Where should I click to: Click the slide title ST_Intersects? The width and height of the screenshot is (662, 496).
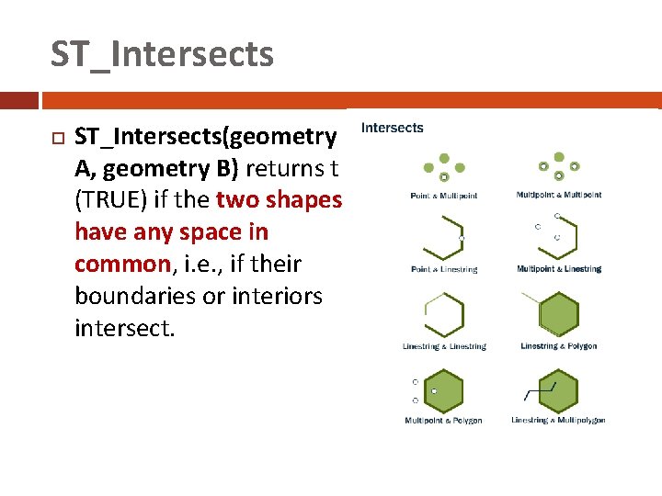(162, 54)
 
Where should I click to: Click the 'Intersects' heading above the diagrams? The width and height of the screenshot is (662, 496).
(393, 128)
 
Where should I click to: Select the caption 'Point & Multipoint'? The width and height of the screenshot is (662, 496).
(444, 196)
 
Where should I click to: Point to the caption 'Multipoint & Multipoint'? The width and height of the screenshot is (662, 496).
(559, 195)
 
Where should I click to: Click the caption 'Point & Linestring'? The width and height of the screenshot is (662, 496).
(444, 269)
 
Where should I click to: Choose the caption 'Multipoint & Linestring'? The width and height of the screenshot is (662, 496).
(559, 269)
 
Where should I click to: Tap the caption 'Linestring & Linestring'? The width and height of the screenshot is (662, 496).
(444, 346)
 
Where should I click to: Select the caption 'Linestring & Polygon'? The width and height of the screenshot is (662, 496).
(558, 346)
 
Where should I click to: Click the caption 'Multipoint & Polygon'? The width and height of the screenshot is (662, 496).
(443, 421)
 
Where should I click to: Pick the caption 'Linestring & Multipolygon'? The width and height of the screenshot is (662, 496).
(558, 421)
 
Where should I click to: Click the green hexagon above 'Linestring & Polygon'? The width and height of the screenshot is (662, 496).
(558, 315)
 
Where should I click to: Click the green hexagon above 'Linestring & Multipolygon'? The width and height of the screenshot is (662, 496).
(559, 390)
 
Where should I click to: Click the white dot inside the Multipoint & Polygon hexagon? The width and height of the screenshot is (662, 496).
(435, 391)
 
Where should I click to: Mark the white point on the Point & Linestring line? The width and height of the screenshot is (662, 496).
(462, 238)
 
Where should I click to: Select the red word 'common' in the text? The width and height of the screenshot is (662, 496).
(122, 265)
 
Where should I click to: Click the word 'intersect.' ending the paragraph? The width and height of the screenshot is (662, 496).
(124, 328)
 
